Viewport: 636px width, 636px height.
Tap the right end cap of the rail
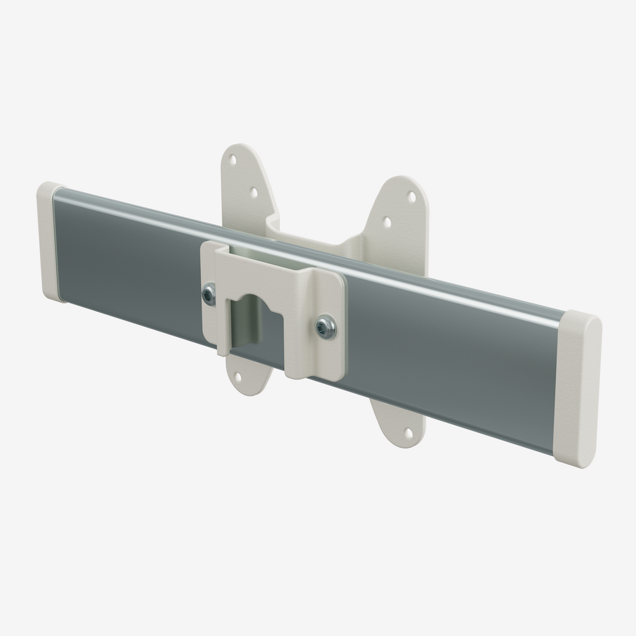point(576,389)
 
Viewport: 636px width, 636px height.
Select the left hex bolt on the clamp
point(209,294)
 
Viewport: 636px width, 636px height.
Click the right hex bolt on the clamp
point(325,327)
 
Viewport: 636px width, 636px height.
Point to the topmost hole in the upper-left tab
point(232,160)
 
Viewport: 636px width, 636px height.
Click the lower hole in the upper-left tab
point(254,192)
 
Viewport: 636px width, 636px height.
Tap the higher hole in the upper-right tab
point(411,197)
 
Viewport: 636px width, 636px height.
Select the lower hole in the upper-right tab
point(386,221)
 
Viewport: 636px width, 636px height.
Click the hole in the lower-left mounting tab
point(237,376)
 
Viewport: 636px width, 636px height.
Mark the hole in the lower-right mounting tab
point(408,431)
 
